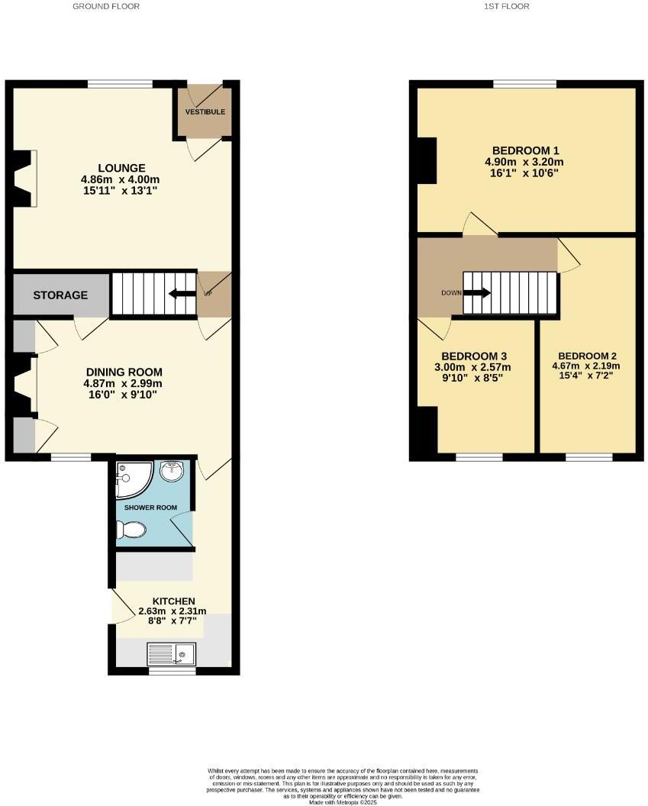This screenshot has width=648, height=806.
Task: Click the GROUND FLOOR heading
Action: [106, 6]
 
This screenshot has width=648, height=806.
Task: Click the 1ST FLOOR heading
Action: [507, 6]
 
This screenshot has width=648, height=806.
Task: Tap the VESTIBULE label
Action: [205, 112]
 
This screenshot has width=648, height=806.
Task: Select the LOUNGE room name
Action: [121, 168]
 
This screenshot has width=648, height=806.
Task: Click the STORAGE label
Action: [60, 295]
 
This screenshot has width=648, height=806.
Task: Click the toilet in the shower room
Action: [131, 529]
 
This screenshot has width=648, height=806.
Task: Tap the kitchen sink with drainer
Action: [171, 653]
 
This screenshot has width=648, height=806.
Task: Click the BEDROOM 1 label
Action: [526, 150]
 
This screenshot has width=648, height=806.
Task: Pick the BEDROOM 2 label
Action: [587, 356]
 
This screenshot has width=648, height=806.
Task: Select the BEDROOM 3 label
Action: [476, 356]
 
